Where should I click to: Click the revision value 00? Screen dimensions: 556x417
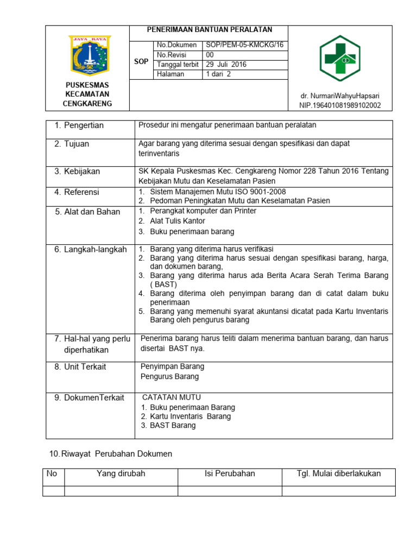tap(210, 55)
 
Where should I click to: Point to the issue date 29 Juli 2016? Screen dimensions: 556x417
tap(226, 64)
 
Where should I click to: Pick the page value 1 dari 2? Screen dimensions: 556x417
tap(218, 74)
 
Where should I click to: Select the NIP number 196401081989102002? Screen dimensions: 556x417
tap(340, 105)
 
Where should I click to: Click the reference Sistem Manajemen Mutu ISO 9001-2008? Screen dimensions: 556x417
tap(218, 192)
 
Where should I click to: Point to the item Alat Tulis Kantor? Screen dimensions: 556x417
tap(178, 221)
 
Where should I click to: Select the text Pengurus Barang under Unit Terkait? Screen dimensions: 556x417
tap(170, 376)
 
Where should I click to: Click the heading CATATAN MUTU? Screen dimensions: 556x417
tap(171, 397)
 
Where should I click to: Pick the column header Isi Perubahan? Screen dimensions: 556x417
tap(230, 473)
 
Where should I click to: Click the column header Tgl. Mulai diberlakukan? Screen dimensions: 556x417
tap(339, 473)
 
